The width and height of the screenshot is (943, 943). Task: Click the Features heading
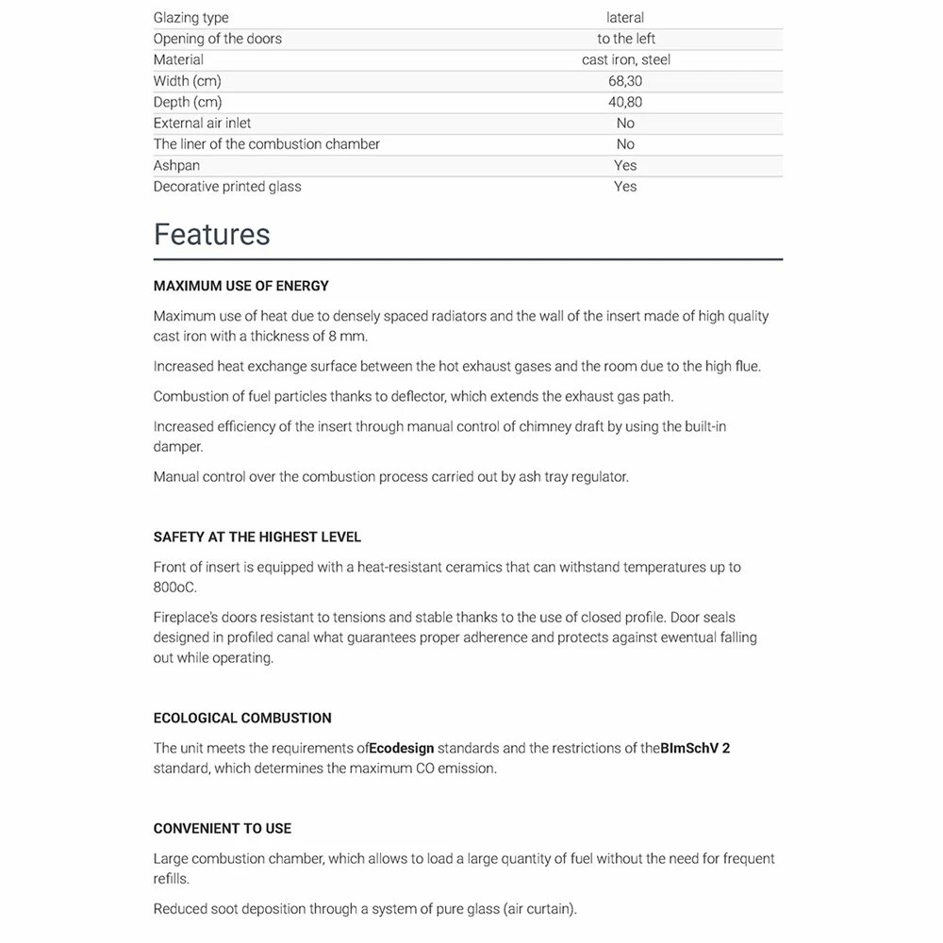(211, 234)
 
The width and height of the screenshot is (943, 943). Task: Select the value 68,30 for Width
(625, 81)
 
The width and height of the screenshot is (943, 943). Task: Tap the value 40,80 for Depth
(625, 102)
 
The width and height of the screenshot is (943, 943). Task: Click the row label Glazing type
(190, 18)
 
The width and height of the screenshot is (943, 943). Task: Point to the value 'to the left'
(626, 39)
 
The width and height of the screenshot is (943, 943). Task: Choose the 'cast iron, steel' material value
(626, 59)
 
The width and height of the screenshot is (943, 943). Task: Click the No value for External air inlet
(625, 124)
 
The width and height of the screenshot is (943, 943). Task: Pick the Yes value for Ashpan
(625, 165)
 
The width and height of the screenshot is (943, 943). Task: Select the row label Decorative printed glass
(227, 187)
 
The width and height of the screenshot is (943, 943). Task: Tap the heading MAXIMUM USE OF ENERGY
(240, 286)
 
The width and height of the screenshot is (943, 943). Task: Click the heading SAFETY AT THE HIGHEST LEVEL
(257, 537)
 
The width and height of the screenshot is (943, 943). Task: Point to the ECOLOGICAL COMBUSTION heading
(242, 718)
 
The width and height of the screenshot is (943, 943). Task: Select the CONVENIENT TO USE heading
(223, 828)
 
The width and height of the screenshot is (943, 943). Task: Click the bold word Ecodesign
(402, 748)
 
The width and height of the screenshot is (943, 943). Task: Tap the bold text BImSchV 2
(695, 748)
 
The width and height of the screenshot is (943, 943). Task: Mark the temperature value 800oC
(174, 587)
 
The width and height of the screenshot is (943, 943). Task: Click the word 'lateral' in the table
(625, 18)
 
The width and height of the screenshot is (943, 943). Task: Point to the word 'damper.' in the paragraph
(178, 447)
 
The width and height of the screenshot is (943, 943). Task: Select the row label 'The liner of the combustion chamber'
(267, 144)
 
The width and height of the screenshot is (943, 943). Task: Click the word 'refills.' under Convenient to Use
(172, 879)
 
